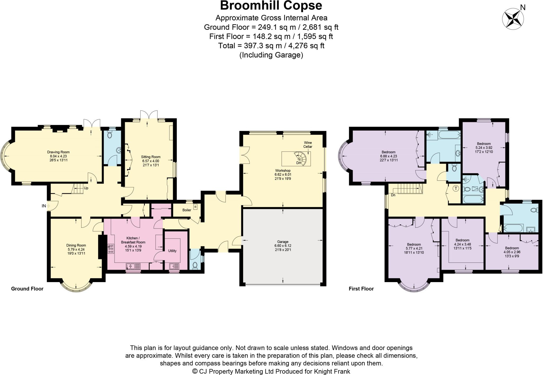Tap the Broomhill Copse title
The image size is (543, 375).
pyautogui.click(x=271, y=6)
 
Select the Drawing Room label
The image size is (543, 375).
pyautogui.click(x=58, y=156)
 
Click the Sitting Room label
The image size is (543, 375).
pyautogui.click(x=151, y=161)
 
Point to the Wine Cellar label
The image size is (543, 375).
pyautogui.click(x=308, y=145)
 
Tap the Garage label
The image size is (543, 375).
pyautogui.click(x=283, y=245)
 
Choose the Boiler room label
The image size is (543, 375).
pyautogui.click(x=187, y=210)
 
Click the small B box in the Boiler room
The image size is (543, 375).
pyautogui.click(x=195, y=207)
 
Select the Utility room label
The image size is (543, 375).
pyautogui.click(x=172, y=251)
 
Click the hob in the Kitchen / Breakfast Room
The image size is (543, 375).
pyautogui.click(x=111, y=249)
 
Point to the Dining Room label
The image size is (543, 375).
pyautogui.click(x=76, y=249)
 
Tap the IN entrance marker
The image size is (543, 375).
pyautogui.click(x=44, y=206)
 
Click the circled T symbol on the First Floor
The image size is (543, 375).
pyautogui.click(x=456, y=189)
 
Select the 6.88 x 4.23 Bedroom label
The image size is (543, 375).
pyautogui.click(x=388, y=156)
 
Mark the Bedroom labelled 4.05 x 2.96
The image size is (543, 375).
pyautogui.click(x=512, y=252)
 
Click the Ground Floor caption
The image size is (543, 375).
pyautogui.click(x=27, y=289)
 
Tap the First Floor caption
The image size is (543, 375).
pyautogui.click(x=361, y=289)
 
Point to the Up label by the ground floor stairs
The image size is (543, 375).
pyautogui.click(x=86, y=188)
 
